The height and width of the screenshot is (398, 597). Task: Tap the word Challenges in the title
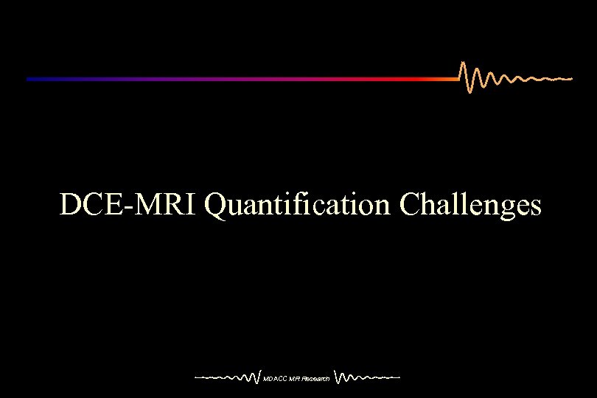470,205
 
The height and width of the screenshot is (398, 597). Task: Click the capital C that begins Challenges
409,205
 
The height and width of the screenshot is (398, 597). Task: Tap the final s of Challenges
536,209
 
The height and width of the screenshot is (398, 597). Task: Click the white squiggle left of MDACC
228,377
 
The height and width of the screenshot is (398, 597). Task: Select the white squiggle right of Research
367,377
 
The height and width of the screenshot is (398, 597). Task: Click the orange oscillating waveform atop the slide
501,77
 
